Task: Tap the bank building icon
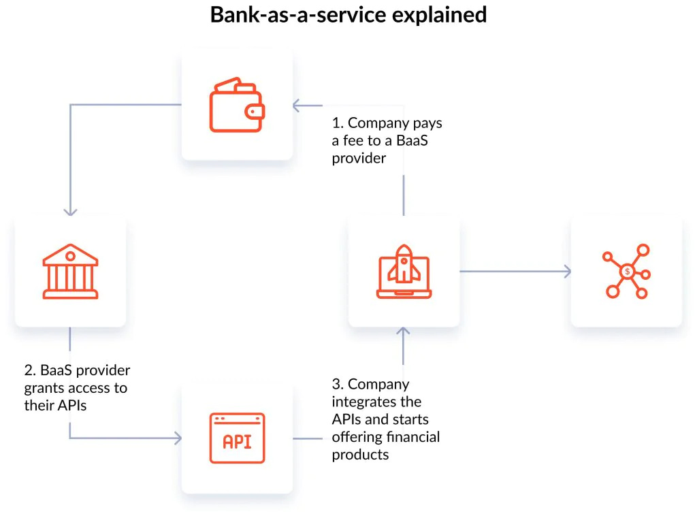click(x=70, y=272)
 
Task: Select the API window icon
click(x=237, y=438)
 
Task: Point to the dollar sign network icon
click(x=627, y=272)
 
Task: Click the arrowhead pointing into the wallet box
click(x=297, y=106)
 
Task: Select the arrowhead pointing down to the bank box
click(x=70, y=211)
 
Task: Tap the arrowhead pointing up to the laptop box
click(x=404, y=333)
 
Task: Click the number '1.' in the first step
click(x=338, y=123)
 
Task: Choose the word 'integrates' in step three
click(x=376, y=402)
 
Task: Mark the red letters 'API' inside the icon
click(x=237, y=442)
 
